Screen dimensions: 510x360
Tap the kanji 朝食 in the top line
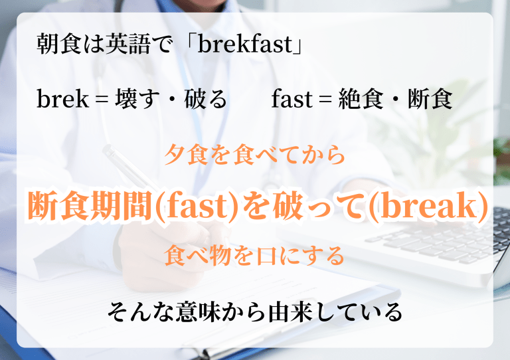click(x=59, y=44)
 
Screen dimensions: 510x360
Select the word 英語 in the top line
click(x=128, y=44)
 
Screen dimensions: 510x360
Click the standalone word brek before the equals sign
click(x=62, y=98)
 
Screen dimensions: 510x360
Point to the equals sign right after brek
click(x=102, y=99)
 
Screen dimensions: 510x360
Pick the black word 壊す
click(x=137, y=99)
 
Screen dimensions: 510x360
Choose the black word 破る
click(x=206, y=99)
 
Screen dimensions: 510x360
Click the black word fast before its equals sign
click(x=292, y=99)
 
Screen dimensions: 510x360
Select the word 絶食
click(x=361, y=99)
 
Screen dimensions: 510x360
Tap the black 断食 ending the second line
click(x=430, y=99)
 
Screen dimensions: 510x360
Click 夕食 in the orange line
click(x=187, y=154)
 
